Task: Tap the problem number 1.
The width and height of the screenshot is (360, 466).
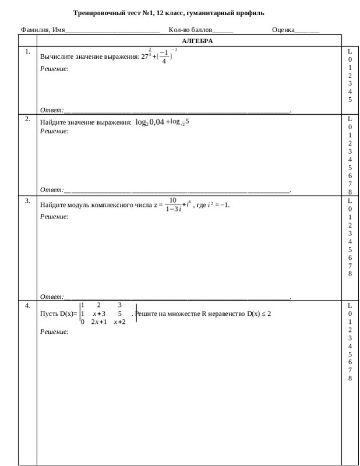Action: (x=27, y=52)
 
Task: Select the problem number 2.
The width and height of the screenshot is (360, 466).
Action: (x=27, y=119)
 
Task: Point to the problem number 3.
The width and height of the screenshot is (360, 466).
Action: (x=27, y=201)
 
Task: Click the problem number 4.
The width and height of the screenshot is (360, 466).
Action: (x=27, y=305)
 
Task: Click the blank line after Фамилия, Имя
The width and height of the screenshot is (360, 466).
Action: (x=112, y=30)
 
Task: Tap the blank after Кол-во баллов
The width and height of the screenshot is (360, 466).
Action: (x=223, y=30)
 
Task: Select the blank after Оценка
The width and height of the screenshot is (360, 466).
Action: (x=307, y=30)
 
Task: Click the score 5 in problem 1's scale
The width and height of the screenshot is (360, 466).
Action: (x=350, y=100)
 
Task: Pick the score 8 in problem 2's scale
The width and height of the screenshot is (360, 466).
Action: (x=350, y=192)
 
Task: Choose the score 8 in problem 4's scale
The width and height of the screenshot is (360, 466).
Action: (x=350, y=378)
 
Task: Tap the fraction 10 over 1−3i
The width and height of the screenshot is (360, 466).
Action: (x=173, y=204)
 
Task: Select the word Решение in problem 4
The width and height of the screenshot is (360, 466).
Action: (x=54, y=331)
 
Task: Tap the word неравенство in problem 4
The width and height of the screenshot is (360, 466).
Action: (x=227, y=314)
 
